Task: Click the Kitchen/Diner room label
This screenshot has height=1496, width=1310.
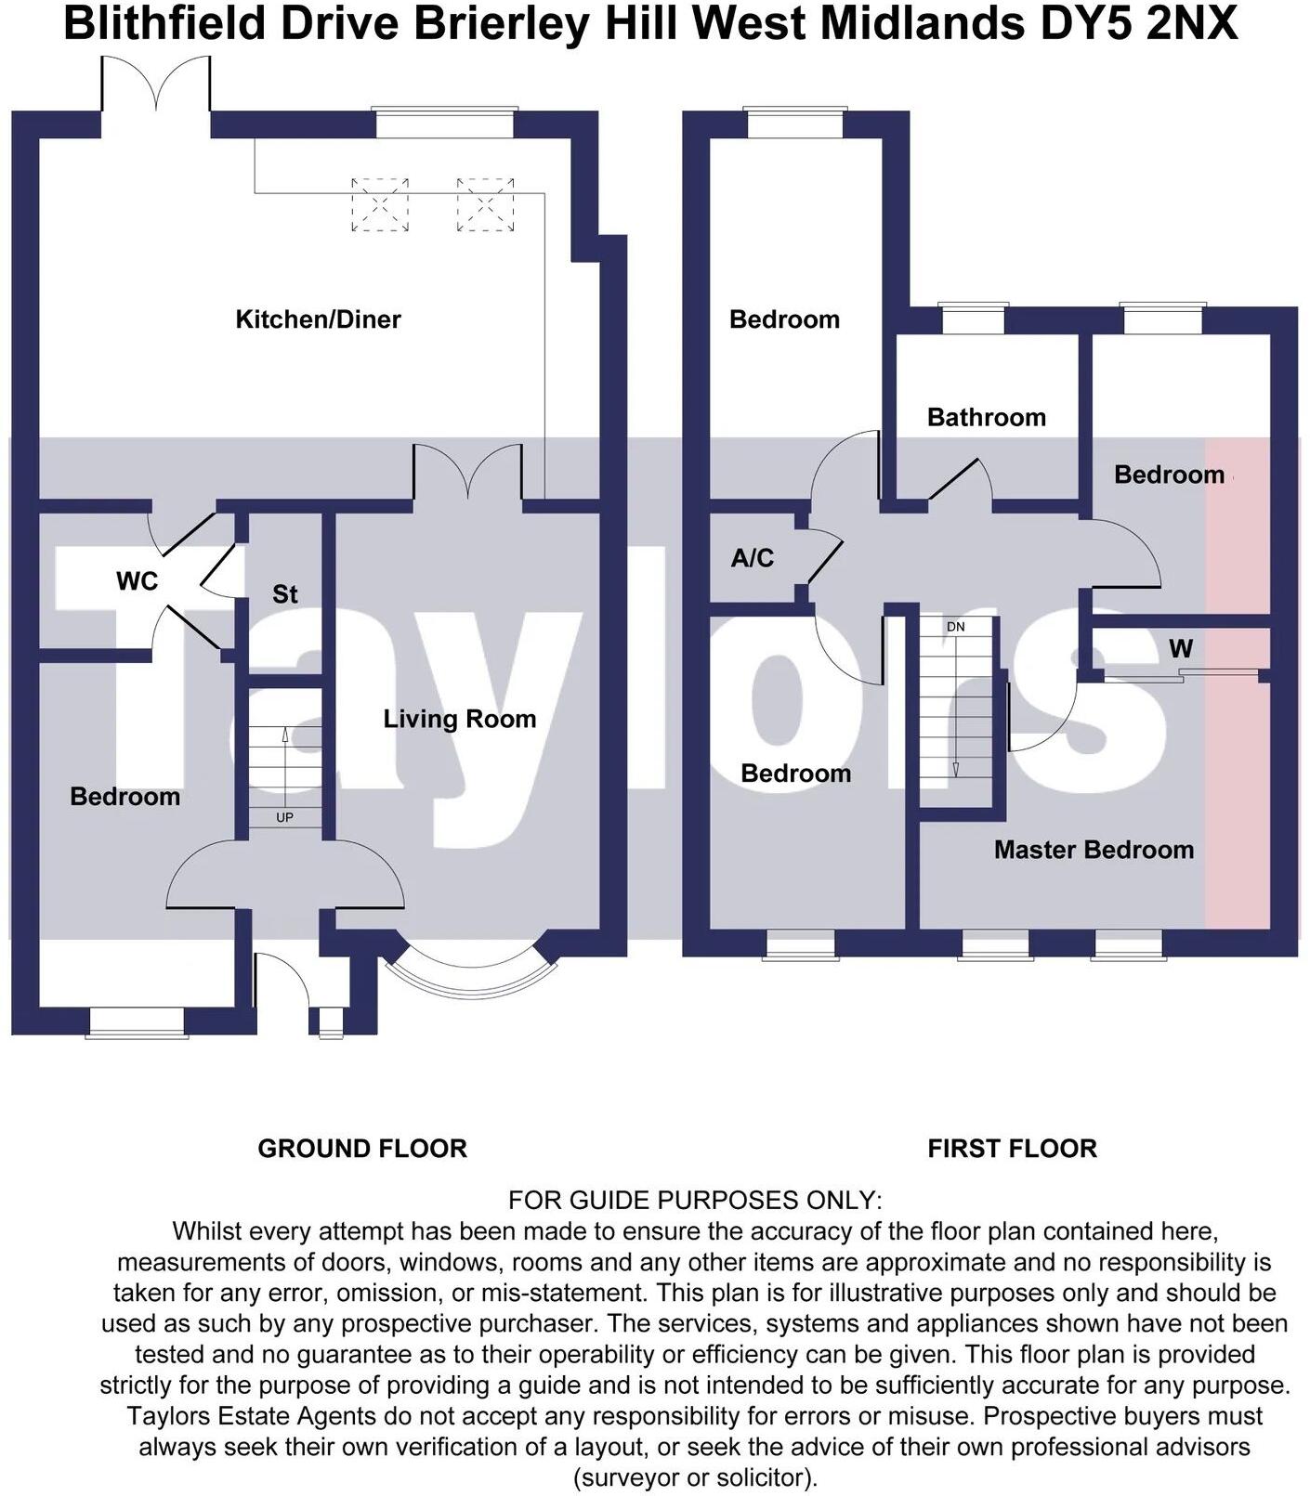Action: click(x=318, y=319)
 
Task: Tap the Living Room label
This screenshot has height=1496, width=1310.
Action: click(x=460, y=719)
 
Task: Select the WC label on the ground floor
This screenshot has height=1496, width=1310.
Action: click(x=138, y=581)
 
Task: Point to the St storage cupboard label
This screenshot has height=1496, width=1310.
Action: click(x=284, y=594)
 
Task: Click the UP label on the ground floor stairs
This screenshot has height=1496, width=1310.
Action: click(x=284, y=818)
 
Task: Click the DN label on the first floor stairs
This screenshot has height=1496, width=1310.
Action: click(x=956, y=627)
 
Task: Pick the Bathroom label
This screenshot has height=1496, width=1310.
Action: click(x=987, y=417)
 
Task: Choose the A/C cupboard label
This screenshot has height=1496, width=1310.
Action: click(x=753, y=558)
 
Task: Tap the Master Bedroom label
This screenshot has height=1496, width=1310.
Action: click(x=1094, y=850)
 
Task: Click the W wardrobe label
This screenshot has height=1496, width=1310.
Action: click(x=1181, y=647)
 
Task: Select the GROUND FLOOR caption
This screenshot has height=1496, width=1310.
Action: click(x=362, y=1149)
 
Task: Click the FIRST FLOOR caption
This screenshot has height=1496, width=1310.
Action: click(x=1012, y=1149)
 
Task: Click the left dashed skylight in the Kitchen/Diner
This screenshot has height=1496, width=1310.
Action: click(x=380, y=205)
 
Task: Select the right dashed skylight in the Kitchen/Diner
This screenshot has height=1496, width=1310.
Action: click(x=485, y=205)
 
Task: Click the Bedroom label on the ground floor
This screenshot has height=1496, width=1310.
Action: click(x=125, y=797)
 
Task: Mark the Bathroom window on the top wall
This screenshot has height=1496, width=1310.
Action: click(x=974, y=319)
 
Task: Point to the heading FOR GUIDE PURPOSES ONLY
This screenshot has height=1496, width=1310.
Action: click(x=695, y=1201)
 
